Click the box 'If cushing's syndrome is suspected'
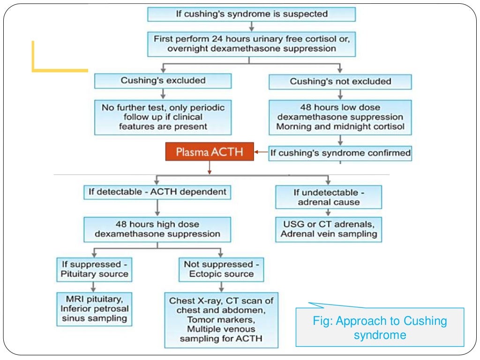tap(252, 14)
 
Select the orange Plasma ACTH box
tap(210, 152)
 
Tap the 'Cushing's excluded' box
tap(163, 81)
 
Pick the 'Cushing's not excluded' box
tap(340, 82)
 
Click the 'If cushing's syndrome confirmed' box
tap(340, 153)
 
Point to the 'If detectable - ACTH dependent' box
tap(157, 192)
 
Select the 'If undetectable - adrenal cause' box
tap(328, 197)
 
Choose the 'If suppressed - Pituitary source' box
tap(94, 269)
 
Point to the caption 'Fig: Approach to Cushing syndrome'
tap(380, 328)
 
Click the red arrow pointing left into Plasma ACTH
tap(261, 152)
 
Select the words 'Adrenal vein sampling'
tap(328, 233)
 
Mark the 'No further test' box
tap(163, 117)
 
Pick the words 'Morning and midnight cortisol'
tap(340, 127)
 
